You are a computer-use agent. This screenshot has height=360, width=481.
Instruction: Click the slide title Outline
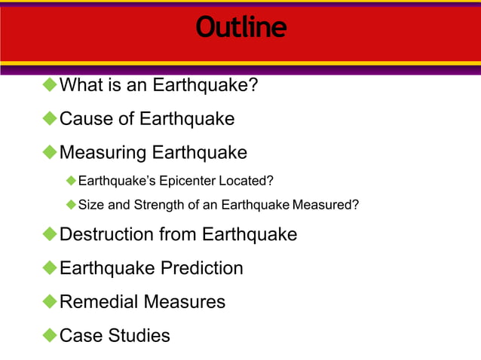[240, 28]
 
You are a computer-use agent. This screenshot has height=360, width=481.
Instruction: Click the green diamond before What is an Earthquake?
[50, 84]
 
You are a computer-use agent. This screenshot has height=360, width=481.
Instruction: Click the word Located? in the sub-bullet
[246, 181]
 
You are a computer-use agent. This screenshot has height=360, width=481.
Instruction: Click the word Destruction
[106, 234]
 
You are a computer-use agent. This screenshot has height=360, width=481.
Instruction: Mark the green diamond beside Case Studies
[50, 335]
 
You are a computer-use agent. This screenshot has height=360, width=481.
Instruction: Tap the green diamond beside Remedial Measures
[50, 301]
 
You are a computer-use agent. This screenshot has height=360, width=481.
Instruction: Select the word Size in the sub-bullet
[90, 204]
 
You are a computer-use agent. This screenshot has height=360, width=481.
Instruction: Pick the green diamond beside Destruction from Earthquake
[50, 233]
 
